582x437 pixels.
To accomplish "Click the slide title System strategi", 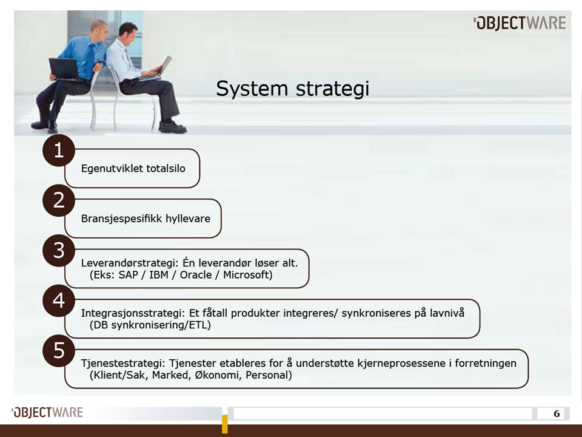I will [x=292, y=89].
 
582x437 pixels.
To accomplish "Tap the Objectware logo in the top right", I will [x=520, y=23].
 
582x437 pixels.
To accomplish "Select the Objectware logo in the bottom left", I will [x=47, y=413].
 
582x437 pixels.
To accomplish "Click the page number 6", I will [x=556, y=414].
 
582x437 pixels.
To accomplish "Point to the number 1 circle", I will [x=59, y=151].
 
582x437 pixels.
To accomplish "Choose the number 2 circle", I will [x=59, y=200].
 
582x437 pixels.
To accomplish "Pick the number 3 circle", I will [x=59, y=250].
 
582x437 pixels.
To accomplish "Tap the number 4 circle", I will [x=59, y=300].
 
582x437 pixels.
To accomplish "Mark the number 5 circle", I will [x=59, y=351].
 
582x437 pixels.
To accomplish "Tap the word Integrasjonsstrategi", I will [x=128, y=313].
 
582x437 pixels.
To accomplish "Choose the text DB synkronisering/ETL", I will [x=150, y=325].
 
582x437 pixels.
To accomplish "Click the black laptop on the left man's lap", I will [x=63, y=69].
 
